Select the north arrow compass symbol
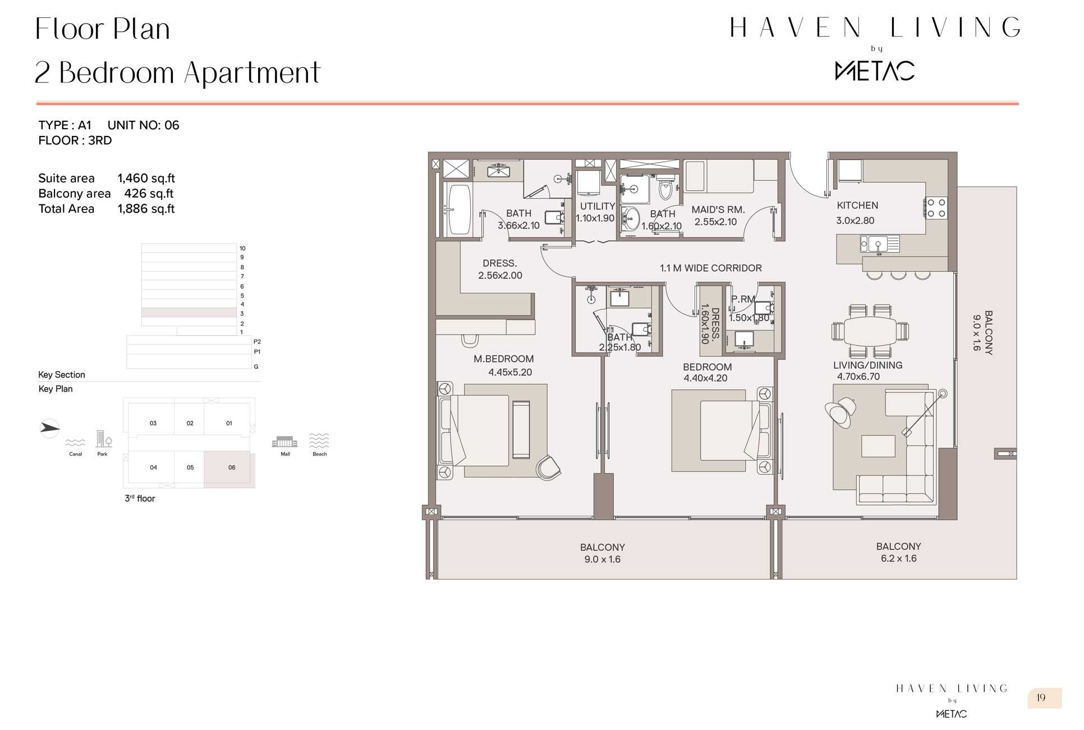50,428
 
